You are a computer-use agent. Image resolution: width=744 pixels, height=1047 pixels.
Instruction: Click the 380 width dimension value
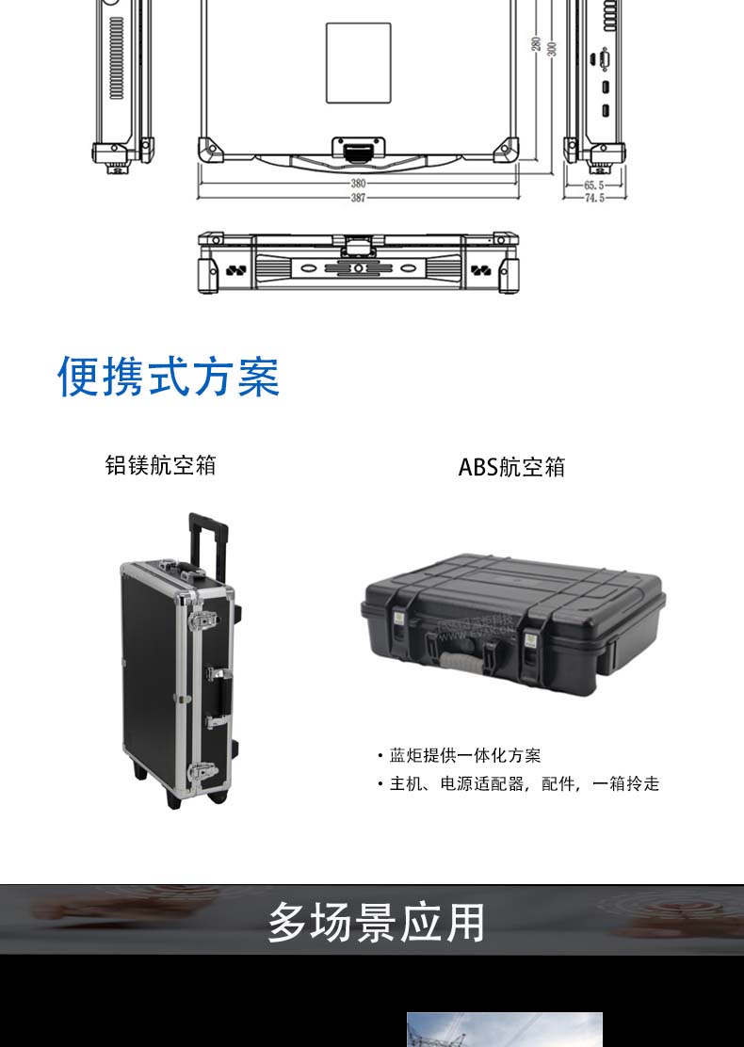(359, 185)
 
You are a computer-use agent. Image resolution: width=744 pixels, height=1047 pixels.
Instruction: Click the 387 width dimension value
(359, 198)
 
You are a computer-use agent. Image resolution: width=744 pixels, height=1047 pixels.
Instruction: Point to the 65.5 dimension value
(593, 186)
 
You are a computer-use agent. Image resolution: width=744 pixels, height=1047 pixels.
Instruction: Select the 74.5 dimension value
(593, 199)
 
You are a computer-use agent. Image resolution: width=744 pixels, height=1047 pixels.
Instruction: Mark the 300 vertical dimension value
(552, 45)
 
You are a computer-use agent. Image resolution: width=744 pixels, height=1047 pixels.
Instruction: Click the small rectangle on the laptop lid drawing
(358, 63)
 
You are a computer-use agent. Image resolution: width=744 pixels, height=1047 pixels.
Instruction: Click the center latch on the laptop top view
(358, 151)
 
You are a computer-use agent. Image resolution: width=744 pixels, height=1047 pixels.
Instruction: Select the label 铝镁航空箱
(160, 465)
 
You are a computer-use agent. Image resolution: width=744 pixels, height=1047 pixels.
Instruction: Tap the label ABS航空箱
(511, 467)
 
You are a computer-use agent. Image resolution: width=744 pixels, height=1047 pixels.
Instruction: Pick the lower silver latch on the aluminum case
(202, 773)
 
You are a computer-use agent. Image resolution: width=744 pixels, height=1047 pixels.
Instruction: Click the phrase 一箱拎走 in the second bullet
(626, 784)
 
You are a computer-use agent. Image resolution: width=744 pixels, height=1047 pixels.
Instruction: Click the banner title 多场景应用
(376, 922)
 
